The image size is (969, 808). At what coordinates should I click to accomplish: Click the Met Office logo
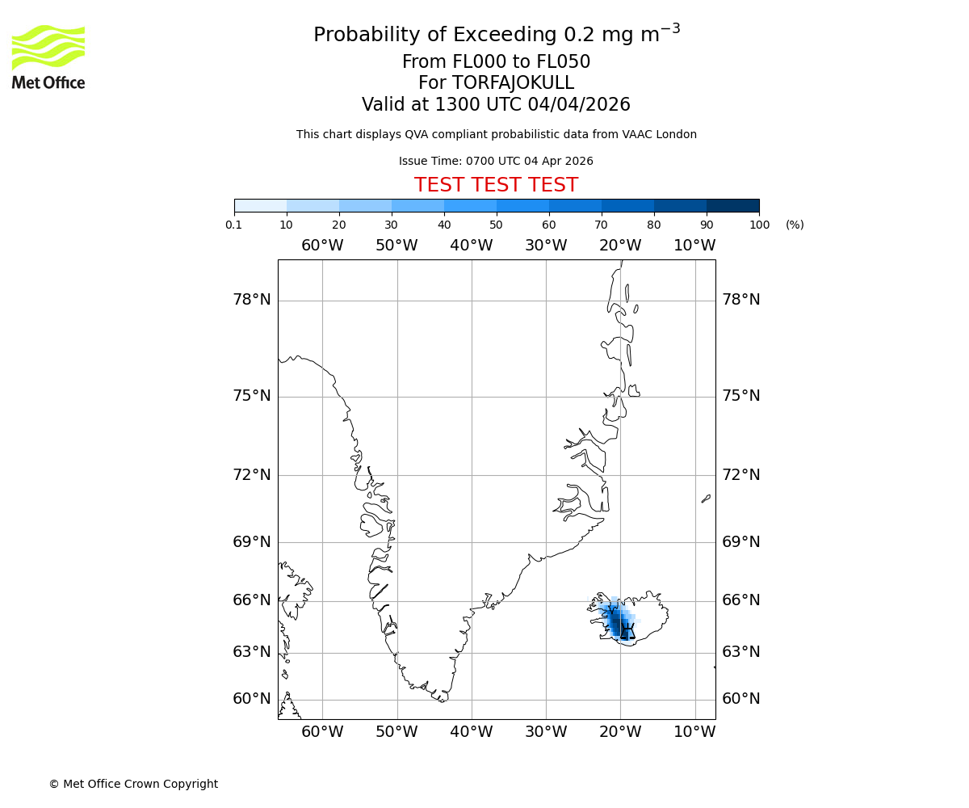(x=48, y=57)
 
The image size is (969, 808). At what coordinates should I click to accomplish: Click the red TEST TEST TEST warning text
(x=496, y=185)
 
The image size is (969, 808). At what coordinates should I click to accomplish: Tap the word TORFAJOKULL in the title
(x=513, y=83)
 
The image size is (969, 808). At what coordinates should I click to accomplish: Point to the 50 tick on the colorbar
(x=497, y=225)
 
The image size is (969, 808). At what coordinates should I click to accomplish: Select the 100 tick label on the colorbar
(x=759, y=225)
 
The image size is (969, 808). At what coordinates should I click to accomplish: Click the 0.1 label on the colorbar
(x=234, y=225)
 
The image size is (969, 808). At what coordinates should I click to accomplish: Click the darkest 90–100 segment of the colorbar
(x=732, y=205)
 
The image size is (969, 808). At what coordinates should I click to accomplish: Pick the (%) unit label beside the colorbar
(x=795, y=225)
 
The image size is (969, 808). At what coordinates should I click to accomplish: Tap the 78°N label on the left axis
(x=252, y=300)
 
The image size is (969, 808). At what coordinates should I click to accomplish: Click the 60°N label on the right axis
(x=741, y=699)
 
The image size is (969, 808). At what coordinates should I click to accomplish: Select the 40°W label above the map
(x=472, y=246)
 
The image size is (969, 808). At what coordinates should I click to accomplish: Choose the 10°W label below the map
(x=694, y=732)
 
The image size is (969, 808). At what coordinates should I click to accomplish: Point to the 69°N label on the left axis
(x=252, y=541)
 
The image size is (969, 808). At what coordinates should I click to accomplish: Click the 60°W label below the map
(x=322, y=732)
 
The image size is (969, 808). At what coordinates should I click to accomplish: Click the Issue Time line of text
(x=496, y=161)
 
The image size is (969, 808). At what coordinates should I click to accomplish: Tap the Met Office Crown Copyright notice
(x=133, y=784)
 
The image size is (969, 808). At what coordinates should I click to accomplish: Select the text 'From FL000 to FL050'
(x=496, y=62)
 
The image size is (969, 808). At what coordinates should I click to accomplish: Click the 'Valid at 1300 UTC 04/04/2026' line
(x=496, y=104)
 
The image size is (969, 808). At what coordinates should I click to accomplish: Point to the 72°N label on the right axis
(x=741, y=474)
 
